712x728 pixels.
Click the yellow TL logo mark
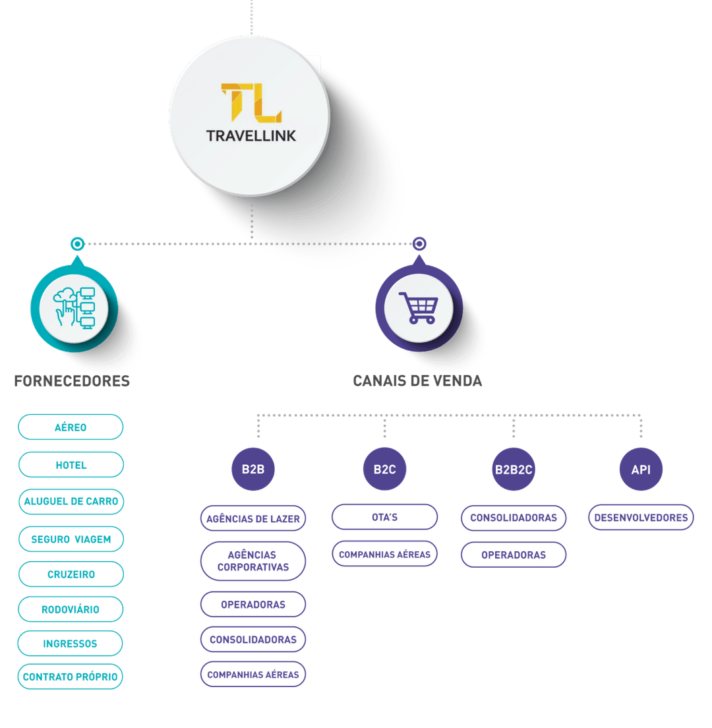(251, 104)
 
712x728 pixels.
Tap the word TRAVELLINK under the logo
(251, 136)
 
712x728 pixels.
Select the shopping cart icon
(419, 308)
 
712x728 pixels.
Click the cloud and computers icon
(74, 308)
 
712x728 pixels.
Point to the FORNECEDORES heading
(72, 381)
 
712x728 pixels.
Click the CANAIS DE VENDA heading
(417, 381)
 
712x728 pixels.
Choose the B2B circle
(253, 470)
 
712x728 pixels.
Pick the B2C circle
(385, 470)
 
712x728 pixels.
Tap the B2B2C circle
(514, 470)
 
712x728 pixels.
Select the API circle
(641, 470)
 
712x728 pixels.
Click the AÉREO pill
(71, 427)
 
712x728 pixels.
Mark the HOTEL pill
(71, 465)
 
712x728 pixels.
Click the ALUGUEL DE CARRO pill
(71, 502)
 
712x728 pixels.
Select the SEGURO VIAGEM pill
(71, 539)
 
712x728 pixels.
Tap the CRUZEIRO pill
(71, 574)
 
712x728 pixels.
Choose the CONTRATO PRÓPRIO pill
(71, 677)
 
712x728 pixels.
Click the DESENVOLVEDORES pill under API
(641, 518)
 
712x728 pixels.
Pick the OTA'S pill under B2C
(384, 517)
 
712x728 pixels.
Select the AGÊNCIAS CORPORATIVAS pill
(253, 561)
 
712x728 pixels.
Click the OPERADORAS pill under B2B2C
(514, 555)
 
